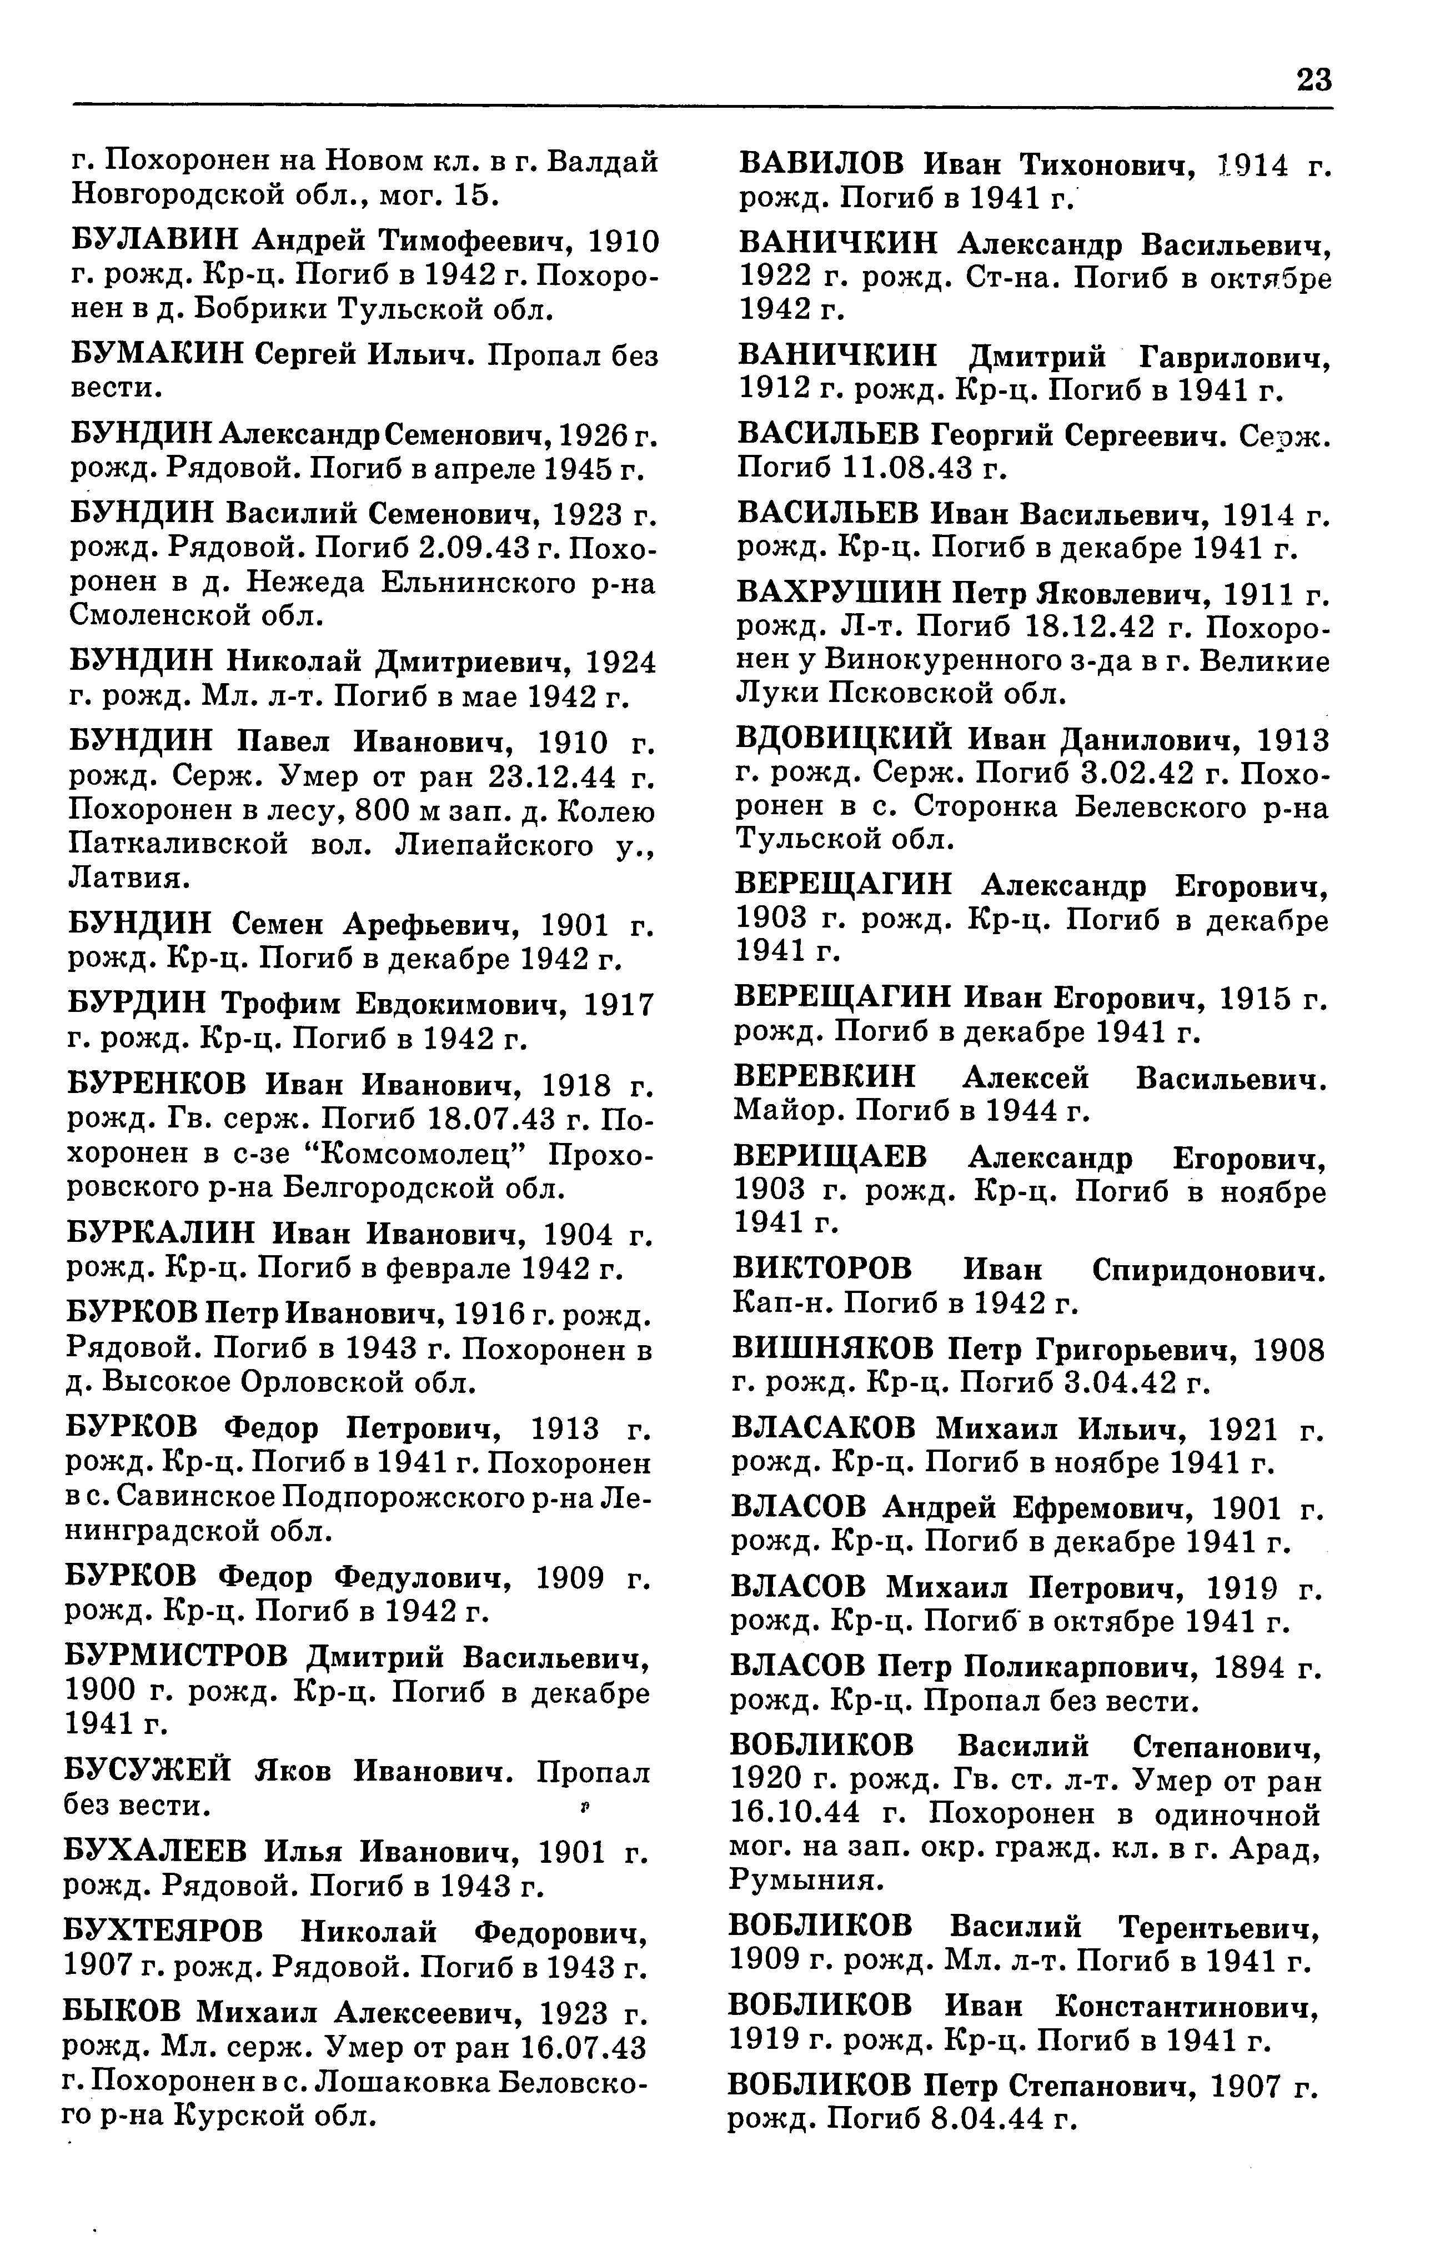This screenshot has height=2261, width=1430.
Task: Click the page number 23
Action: (1313, 81)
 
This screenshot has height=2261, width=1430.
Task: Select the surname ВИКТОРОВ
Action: (821, 1270)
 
